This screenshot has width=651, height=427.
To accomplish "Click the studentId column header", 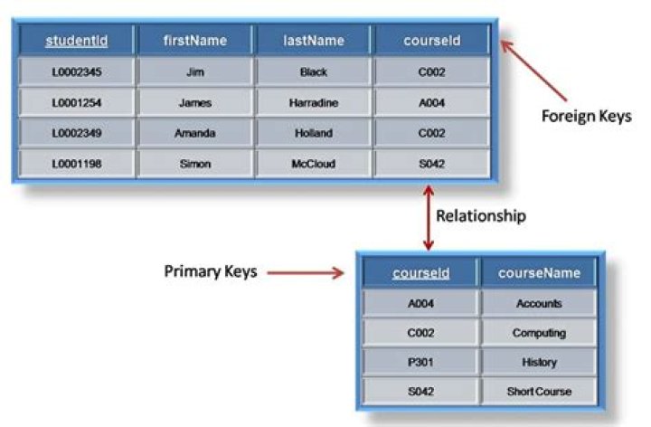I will (76, 41).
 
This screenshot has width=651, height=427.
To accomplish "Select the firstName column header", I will (195, 41).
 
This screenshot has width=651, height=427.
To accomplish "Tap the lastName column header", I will (313, 41).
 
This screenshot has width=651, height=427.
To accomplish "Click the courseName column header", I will (539, 272).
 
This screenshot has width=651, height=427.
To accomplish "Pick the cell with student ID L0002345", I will (76, 71).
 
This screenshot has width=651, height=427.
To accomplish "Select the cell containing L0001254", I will (76, 103).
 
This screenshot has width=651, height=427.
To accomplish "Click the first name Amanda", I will (195, 133).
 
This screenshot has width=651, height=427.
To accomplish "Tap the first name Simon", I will (195, 164).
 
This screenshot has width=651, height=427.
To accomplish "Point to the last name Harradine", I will (313, 103).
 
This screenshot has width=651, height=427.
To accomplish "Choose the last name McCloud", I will (313, 164).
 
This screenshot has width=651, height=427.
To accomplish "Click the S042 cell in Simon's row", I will (432, 164).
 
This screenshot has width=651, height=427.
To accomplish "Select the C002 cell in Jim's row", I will (432, 71).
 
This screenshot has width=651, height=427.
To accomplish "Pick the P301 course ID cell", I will (420, 362).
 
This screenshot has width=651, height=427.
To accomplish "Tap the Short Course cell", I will (539, 392).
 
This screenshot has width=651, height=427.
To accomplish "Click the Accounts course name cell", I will (539, 304).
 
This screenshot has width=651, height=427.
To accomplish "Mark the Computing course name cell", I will (539, 333).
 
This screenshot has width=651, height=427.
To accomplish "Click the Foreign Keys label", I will (586, 116).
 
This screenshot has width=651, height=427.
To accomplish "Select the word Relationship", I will (480, 216).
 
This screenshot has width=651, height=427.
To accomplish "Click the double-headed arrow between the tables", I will (429, 218).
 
